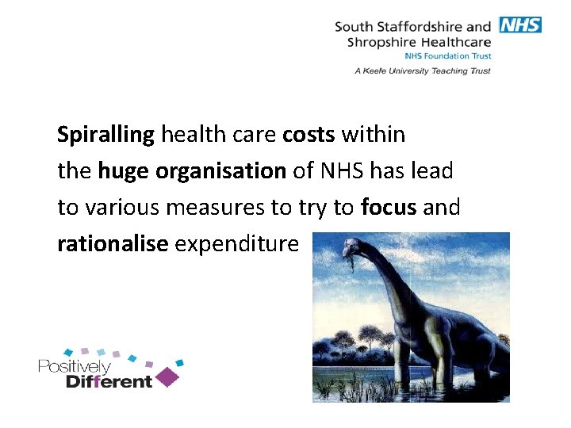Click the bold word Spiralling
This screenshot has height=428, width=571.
click(x=105, y=136)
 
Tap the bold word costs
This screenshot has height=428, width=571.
click(x=309, y=135)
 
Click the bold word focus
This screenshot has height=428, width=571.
click(x=389, y=207)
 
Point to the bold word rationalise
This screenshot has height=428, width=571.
click(x=113, y=243)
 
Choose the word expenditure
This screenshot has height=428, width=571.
click(x=236, y=244)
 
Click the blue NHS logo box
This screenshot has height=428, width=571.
click(x=519, y=25)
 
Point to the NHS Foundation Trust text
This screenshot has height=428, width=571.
click(x=448, y=56)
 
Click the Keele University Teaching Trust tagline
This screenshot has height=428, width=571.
click(x=423, y=71)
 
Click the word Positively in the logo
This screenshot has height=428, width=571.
click(x=75, y=367)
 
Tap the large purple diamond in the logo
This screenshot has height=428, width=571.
click(x=167, y=376)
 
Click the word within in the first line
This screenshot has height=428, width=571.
click(x=374, y=135)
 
